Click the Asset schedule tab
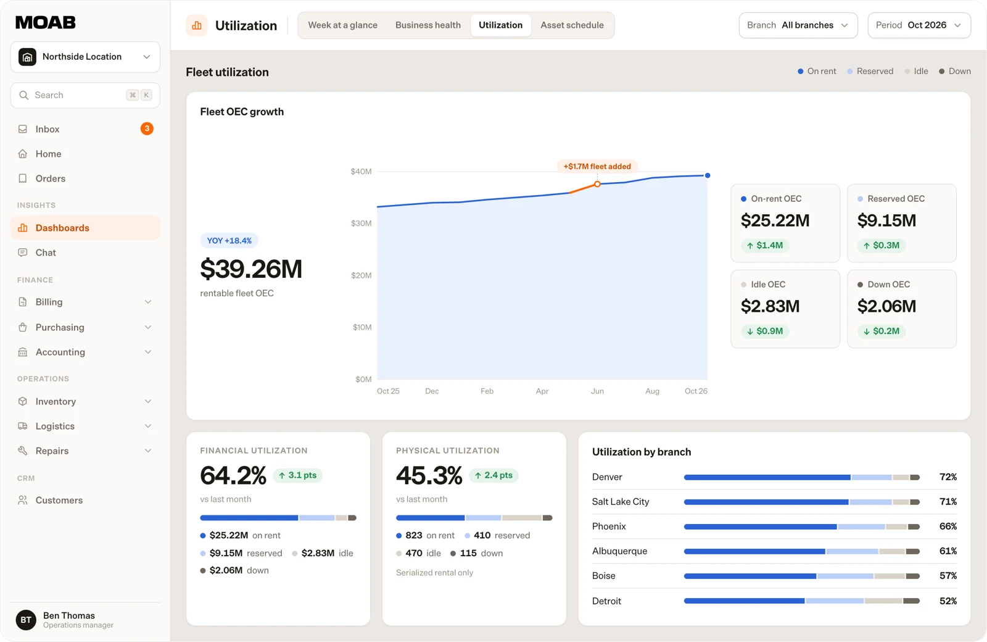tap(572, 25)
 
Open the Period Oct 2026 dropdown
tap(919, 25)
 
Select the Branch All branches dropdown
tap(798, 25)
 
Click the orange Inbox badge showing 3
tap(147, 129)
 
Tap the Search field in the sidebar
tap(85, 95)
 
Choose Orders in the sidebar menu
tap(50, 178)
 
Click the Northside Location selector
tap(85, 57)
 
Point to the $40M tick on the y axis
tap(361, 172)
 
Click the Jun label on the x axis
tap(597, 391)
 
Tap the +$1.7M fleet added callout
tap(597, 166)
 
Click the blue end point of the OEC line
tap(707, 175)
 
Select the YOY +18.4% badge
tap(229, 241)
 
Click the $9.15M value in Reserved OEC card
tap(886, 220)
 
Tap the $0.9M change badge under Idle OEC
tap(765, 331)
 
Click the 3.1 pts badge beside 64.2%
tap(298, 475)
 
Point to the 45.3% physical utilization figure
tap(429, 475)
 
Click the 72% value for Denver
tap(948, 477)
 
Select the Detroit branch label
tap(606, 601)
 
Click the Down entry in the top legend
tap(955, 72)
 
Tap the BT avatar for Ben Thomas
tap(26, 620)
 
